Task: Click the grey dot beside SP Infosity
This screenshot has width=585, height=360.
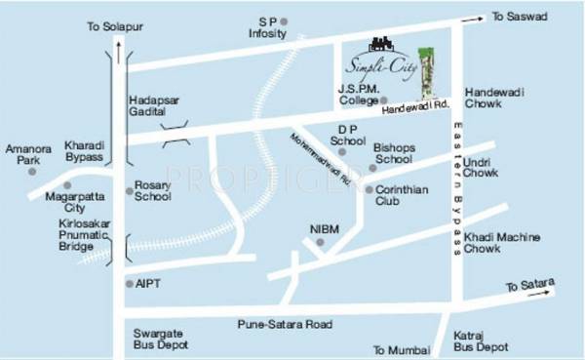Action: coord(285,20)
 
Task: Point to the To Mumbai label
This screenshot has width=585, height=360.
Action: coord(399,348)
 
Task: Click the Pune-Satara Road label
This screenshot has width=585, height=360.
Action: coord(286,324)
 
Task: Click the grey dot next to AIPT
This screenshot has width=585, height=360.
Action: coord(129,284)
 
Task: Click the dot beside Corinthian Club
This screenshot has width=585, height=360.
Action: coord(370,190)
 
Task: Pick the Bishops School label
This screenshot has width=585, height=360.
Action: coord(395,153)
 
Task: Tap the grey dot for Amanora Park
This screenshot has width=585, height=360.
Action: coord(32,172)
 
